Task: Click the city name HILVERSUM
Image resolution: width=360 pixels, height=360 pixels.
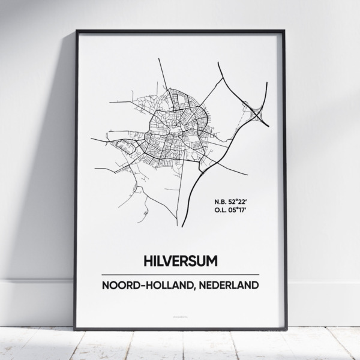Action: point(181,261)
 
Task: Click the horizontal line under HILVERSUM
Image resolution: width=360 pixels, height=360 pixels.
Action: point(181,274)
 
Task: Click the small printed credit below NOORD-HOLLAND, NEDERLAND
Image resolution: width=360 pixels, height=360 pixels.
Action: point(181,312)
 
